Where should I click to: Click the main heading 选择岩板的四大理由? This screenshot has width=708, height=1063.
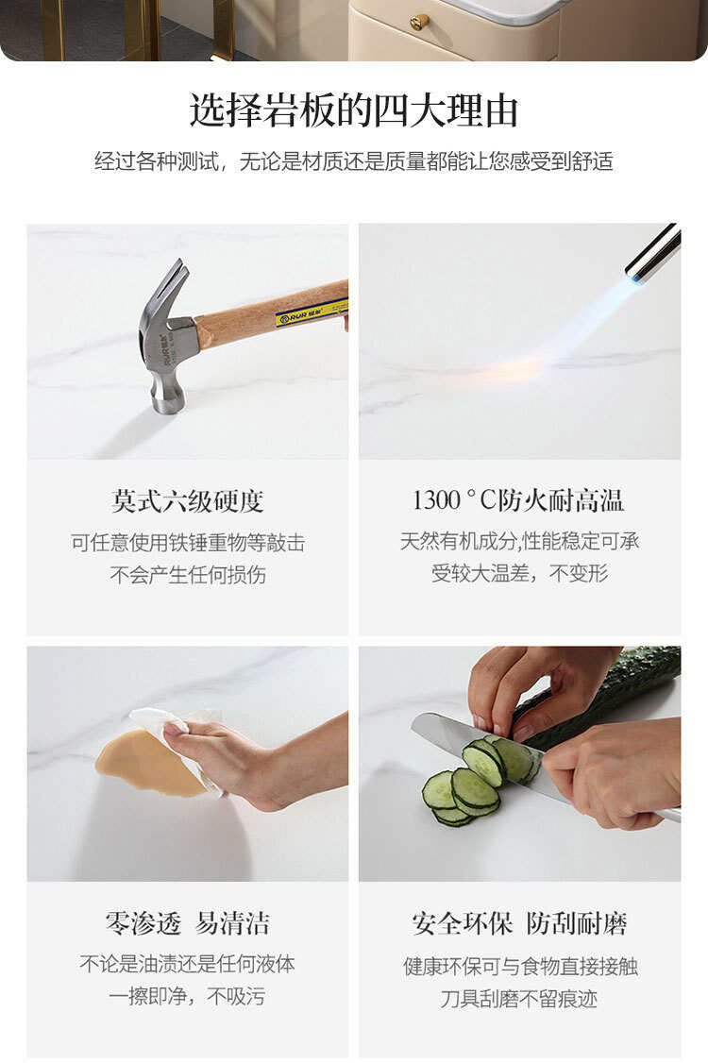(353, 110)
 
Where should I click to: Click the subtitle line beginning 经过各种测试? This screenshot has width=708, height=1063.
(353, 161)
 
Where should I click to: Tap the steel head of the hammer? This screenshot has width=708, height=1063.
(167, 352)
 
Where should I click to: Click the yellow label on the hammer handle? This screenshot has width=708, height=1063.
(312, 313)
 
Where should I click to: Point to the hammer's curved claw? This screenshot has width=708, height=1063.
(171, 285)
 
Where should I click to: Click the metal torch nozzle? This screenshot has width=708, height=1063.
(653, 251)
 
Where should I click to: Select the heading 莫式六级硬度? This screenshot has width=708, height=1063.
(188, 501)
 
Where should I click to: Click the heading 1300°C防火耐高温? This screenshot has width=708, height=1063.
(518, 500)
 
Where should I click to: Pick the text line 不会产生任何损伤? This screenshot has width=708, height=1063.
(188, 575)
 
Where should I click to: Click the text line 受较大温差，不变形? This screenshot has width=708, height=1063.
(519, 574)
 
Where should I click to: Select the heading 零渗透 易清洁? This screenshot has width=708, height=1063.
(187, 923)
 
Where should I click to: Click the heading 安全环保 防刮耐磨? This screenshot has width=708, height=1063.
(519, 923)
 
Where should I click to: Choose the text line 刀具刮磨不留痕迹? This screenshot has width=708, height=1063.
(519, 999)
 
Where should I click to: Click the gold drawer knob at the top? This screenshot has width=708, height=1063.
(419, 23)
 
